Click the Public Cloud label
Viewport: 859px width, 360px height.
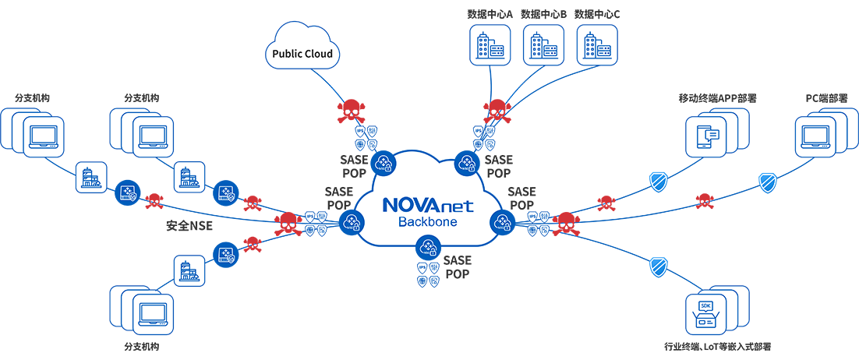point(301,55)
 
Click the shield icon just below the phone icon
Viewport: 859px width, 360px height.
point(659,181)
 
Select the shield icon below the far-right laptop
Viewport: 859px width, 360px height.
point(768,181)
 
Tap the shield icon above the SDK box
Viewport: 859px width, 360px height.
point(659,266)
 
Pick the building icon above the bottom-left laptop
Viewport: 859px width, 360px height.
point(189,269)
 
